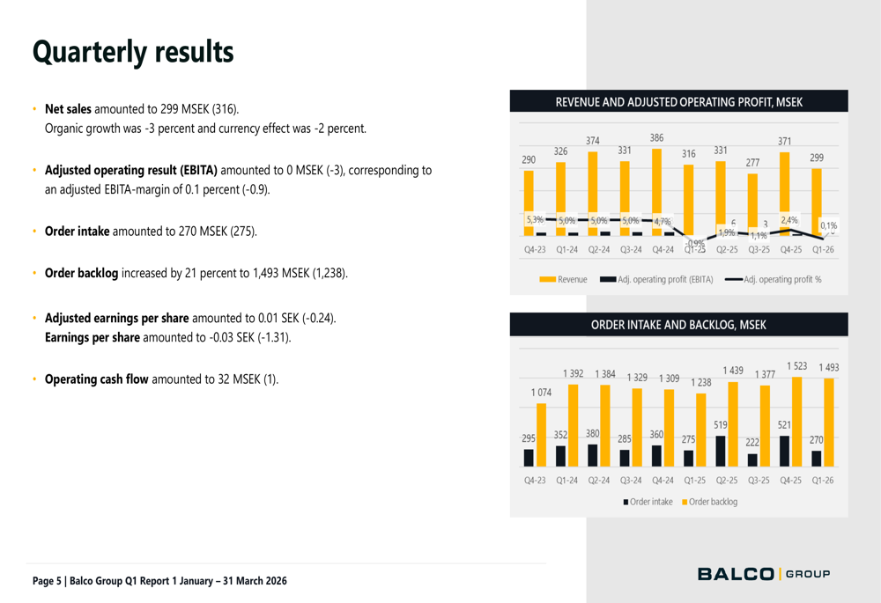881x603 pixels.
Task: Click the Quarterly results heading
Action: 133,52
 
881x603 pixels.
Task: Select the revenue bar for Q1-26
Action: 816,202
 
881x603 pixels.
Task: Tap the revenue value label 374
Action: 593,141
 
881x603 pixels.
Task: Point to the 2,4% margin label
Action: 789,220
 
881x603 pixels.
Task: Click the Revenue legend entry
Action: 564,279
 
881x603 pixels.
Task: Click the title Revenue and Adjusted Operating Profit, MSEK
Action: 678,102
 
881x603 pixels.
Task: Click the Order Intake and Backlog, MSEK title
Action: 678,325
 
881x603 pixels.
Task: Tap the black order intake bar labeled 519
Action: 721,451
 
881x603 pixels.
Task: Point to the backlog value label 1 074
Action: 541,392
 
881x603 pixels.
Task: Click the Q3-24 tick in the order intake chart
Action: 631,481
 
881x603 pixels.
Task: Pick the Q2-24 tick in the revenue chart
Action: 599,249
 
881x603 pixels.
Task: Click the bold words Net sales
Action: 68,109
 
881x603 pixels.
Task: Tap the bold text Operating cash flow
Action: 96,379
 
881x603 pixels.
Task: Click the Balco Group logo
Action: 764,575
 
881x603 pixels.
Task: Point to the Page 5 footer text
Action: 159,581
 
